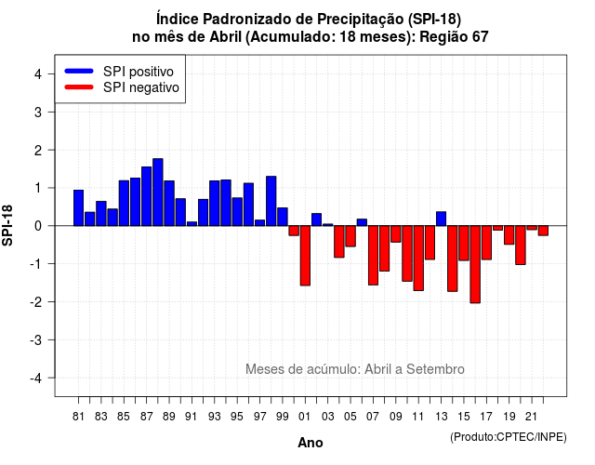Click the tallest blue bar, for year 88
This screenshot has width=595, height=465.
[158, 193]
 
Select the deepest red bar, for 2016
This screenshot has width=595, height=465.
[475, 264]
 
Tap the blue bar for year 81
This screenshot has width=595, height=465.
[78, 207]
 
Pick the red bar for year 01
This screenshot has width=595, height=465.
[305, 256]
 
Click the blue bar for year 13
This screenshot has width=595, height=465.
[441, 219]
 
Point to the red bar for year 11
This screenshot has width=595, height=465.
[418, 259]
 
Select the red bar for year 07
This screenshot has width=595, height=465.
[373, 255]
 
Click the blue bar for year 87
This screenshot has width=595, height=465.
[147, 196]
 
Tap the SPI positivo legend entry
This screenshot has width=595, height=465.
[119, 72]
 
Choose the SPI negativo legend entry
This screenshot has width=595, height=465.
[122, 87]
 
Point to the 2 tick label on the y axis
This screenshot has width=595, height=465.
[38, 151]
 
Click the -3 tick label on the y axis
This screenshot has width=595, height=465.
[36, 340]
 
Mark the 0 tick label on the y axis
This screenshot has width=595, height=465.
[38, 226]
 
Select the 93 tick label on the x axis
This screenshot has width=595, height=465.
[215, 417]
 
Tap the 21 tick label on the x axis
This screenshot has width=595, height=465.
[531, 417]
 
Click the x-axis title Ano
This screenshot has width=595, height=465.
[311, 443]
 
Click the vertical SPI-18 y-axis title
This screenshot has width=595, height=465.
[7, 226]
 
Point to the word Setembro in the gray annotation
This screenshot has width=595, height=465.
[435, 369]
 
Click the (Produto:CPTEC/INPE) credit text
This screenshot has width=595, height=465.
[509, 437]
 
